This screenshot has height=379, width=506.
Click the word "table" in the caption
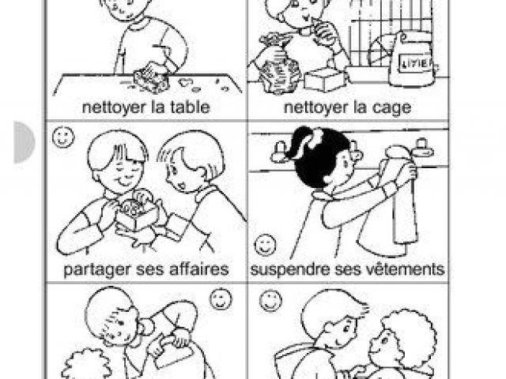tap(190, 107)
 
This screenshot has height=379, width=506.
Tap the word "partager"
tap(96, 270)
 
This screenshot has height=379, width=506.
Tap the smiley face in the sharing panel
tap(63, 137)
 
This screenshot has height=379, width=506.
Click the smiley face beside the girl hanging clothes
tap(266, 246)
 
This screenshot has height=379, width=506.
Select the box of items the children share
tap(137, 212)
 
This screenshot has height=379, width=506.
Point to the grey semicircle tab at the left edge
tap(24, 142)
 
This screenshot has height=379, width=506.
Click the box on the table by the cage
tap(325, 79)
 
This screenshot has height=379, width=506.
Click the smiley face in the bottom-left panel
tap(221, 298)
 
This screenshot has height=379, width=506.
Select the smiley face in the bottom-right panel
tap(270, 301)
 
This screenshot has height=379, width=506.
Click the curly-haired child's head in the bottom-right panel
tap(403, 339)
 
